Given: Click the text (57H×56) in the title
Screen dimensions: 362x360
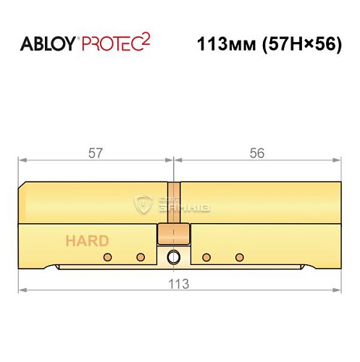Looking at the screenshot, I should [x=301, y=43].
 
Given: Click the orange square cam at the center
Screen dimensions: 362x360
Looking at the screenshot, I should [x=173, y=235].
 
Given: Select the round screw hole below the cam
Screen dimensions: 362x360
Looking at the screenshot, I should [x=174, y=257].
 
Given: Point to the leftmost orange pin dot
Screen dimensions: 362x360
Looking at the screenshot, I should [x=109, y=257].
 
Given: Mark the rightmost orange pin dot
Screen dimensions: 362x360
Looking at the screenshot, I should [x=239, y=257].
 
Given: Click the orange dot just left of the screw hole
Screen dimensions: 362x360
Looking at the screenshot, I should [x=141, y=257].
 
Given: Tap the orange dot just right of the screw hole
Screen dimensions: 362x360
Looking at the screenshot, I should [x=206, y=257].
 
